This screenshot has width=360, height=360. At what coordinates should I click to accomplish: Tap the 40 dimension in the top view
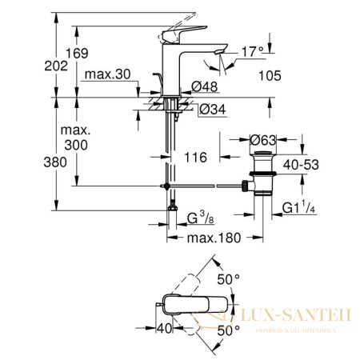(x=166, y=329)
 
